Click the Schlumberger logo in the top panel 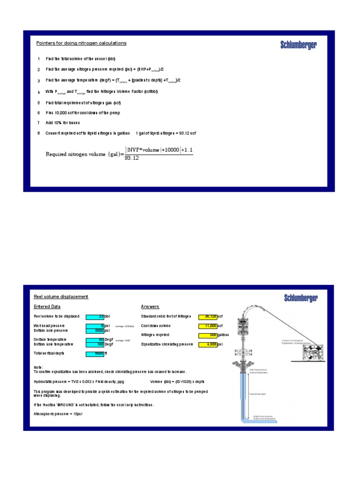click(x=299, y=45)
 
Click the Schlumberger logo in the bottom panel click(x=300, y=298)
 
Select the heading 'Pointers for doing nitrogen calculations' click(x=81, y=43)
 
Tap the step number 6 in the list click(x=38, y=113)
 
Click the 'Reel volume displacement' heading click(x=61, y=297)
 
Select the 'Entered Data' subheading click(x=47, y=307)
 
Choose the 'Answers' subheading click(x=150, y=307)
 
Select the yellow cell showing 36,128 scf click(x=208, y=316)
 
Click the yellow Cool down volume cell click(x=208, y=326)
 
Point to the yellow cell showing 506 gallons click(x=208, y=335)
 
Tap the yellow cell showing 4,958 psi click(x=208, y=345)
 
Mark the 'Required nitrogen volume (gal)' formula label click(x=84, y=154)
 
